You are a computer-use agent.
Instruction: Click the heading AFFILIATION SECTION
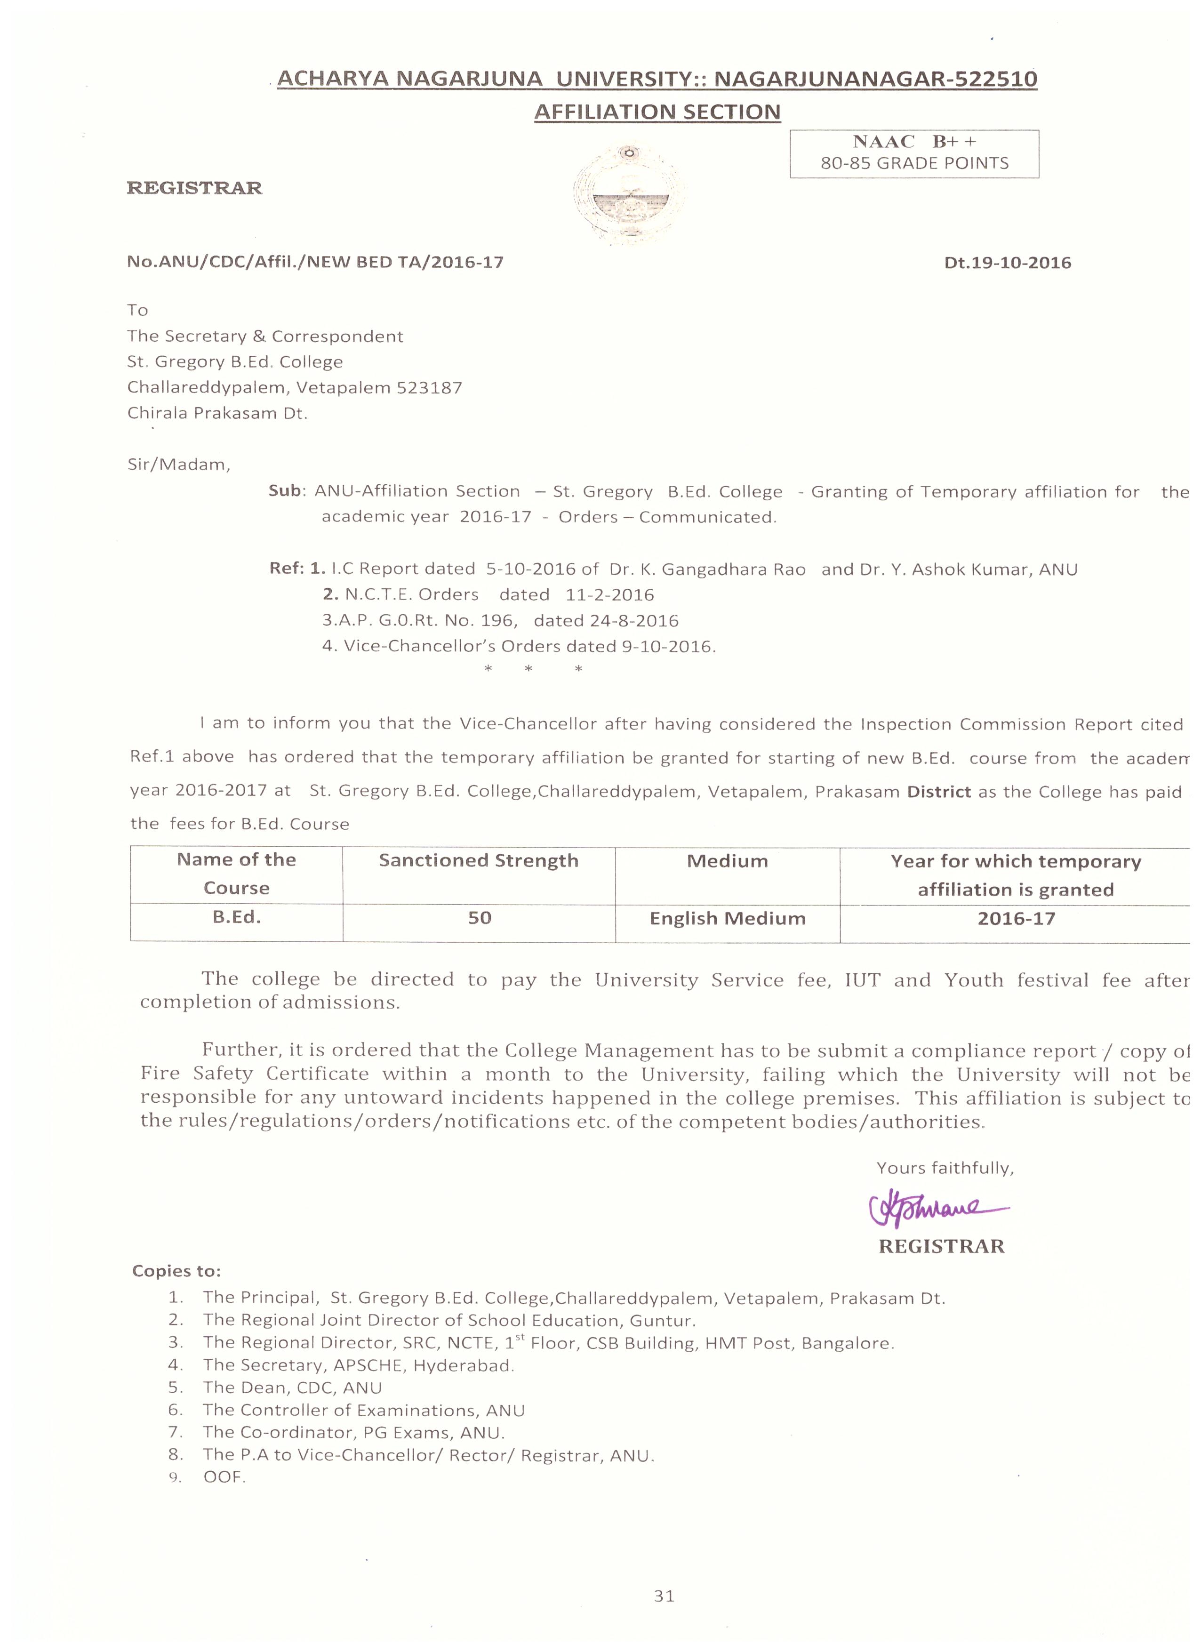[657, 112]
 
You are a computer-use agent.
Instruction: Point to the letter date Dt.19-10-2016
[1007, 263]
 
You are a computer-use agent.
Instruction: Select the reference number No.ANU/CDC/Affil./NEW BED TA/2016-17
[315, 262]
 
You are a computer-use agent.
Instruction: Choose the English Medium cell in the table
[727, 919]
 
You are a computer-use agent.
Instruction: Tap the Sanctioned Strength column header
[479, 861]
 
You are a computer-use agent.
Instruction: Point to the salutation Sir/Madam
[178, 465]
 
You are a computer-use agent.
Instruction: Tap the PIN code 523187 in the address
[429, 387]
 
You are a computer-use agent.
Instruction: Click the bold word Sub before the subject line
[285, 491]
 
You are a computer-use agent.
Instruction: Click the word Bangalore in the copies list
[847, 1343]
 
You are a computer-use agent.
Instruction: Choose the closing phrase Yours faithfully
[945, 1168]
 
